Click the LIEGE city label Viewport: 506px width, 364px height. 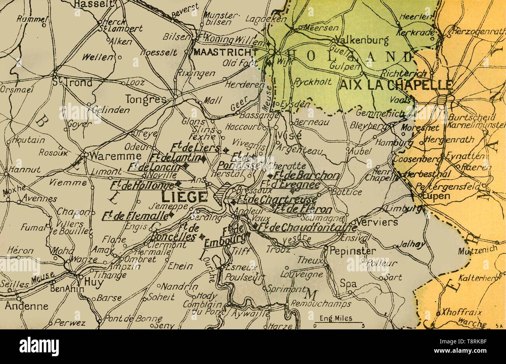click(x=184, y=197)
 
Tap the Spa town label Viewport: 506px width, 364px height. click(x=348, y=284)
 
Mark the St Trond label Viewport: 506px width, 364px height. click(x=72, y=82)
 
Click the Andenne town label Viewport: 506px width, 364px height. click(x=26, y=306)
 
